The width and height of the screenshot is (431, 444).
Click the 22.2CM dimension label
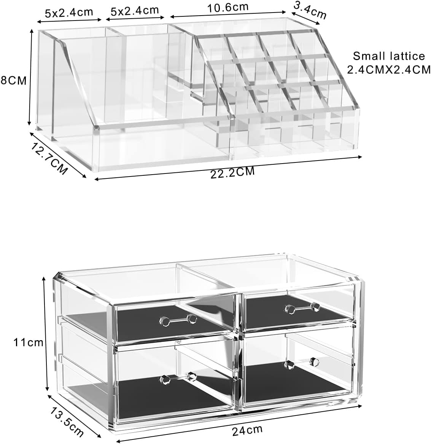tap(232, 172)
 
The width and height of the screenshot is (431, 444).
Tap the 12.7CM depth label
tap(47, 157)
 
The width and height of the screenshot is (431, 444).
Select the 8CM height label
tap(13, 81)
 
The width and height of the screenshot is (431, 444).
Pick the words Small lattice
tap(389, 56)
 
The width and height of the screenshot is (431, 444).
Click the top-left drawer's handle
tap(177, 320)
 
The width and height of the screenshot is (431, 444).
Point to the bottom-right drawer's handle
tap(301, 363)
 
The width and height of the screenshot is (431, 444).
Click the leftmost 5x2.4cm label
tap(69, 12)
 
